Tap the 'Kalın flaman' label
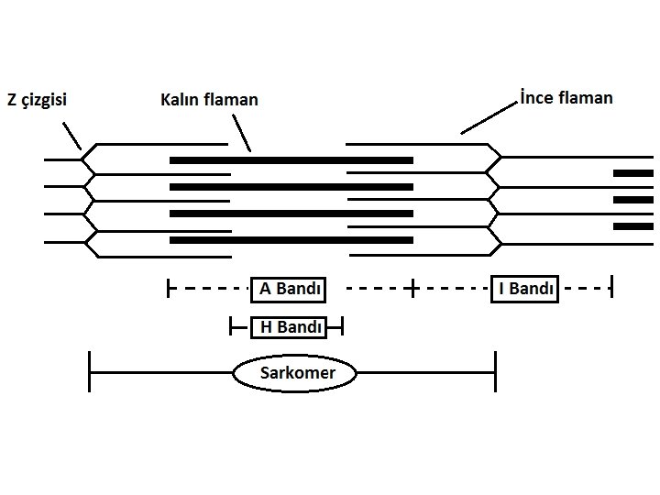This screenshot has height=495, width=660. pos(209,99)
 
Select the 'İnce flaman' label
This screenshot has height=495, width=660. pos(565,96)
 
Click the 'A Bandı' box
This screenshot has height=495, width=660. pos(289,289)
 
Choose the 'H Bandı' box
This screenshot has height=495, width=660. pos(288,325)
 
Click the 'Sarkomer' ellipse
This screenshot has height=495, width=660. pos(295,373)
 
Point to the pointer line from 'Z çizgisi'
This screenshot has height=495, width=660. pos(72,136)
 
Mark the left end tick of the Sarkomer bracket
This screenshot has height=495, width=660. pos(89,372)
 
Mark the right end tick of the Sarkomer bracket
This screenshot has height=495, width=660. pos(495,372)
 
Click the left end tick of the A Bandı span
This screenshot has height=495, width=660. pos(169,289)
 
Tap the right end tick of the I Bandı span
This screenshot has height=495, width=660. pos(610,289)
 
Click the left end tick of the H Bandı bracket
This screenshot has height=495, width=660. pos(231,325)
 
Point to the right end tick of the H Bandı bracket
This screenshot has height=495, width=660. pos(341,325)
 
